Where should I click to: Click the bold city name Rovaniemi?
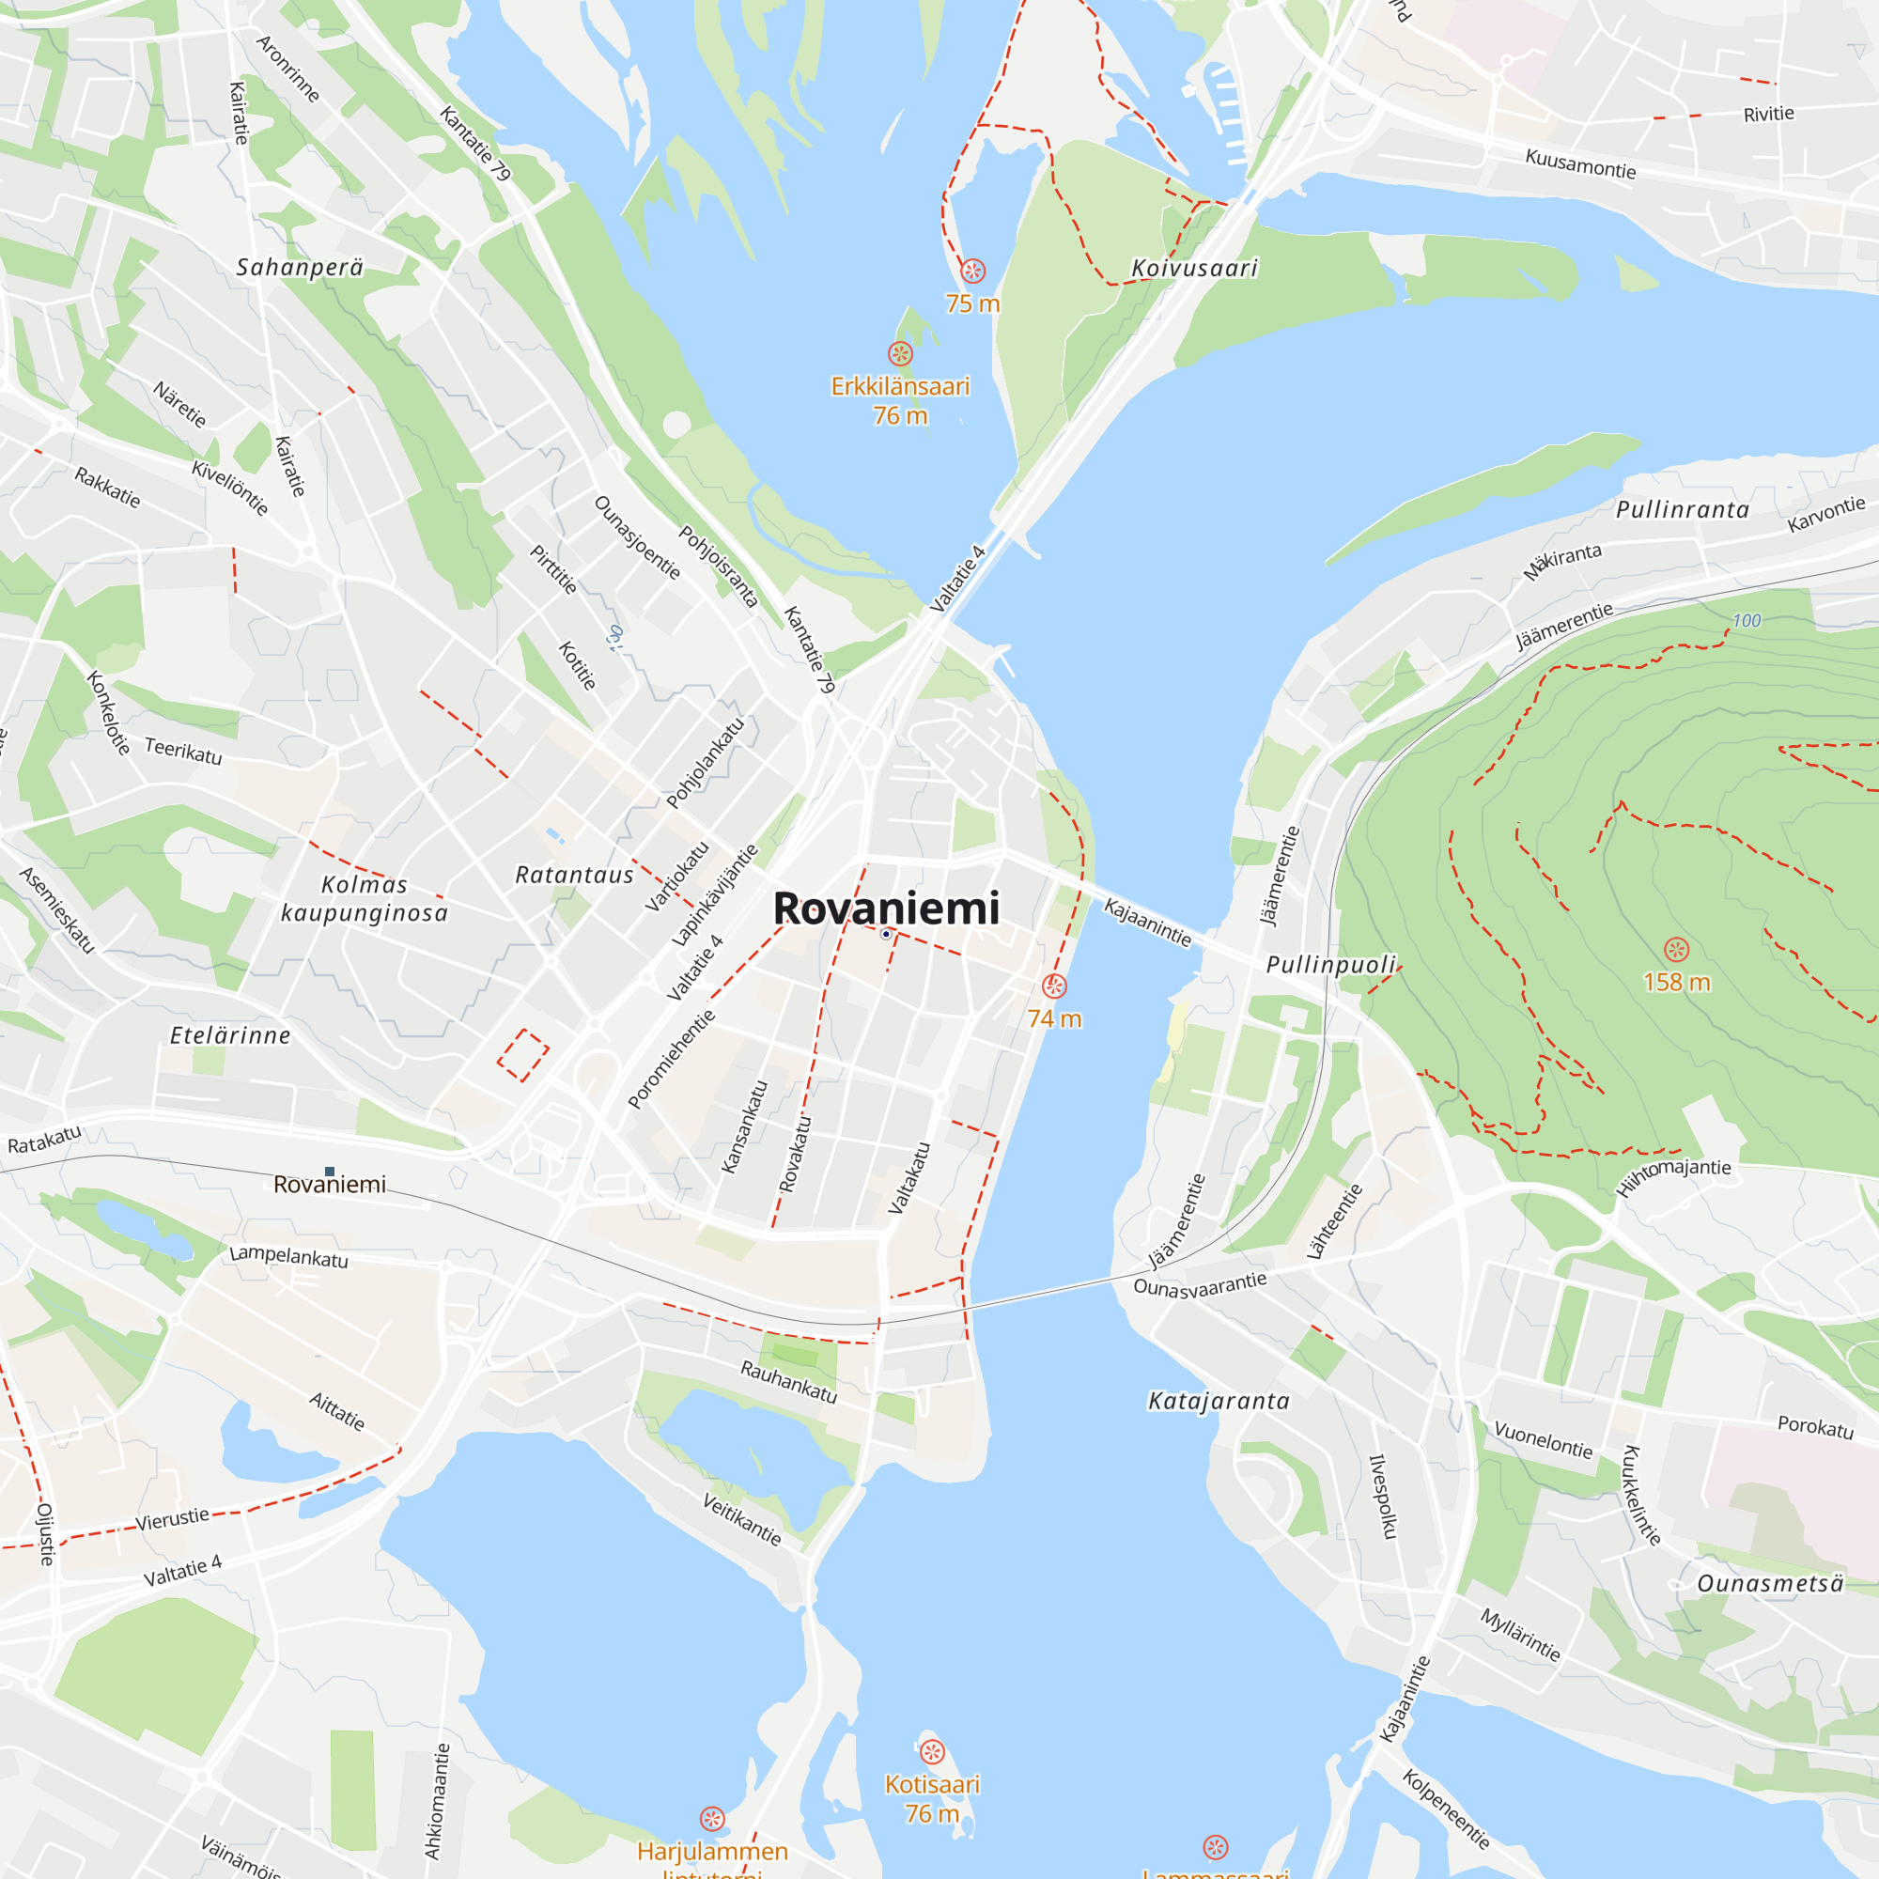(886, 908)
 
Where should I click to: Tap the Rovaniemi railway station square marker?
(330, 1172)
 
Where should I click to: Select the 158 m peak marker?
(1677, 949)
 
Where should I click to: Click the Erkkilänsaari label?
(900, 386)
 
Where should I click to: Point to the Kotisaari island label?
(932, 1784)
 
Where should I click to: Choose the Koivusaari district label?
(1194, 268)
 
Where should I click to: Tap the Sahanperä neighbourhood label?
(300, 267)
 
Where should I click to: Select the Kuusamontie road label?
(1580, 163)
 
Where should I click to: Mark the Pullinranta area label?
(1683, 509)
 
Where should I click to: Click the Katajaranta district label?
(1219, 1401)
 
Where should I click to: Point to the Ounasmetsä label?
(1770, 1583)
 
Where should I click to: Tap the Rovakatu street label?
(796, 1154)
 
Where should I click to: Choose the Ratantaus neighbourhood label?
(574, 876)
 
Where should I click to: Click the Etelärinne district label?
(230, 1034)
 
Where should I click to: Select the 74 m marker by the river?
(1054, 986)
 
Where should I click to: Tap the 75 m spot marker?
(972, 271)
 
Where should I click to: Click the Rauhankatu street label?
(789, 1381)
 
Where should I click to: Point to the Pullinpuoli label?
(1330, 964)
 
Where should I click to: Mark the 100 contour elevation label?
(1747, 620)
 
